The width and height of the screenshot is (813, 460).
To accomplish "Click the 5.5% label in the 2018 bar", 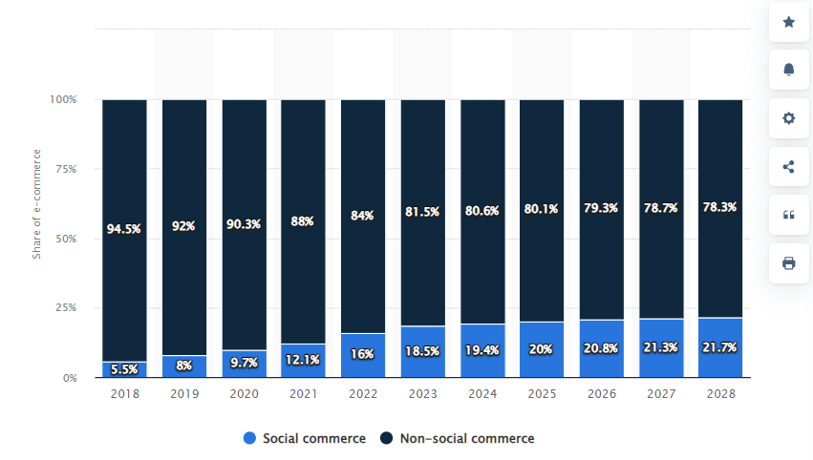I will (124, 368).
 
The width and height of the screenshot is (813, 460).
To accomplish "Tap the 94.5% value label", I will (124, 229).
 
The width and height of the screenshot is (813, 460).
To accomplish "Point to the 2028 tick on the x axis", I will (720, 392).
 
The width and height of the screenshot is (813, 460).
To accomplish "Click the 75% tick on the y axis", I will (64, 169).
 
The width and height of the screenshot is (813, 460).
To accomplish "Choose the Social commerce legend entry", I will (305, 438).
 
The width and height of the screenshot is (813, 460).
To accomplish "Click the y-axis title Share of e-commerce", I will (37, 203).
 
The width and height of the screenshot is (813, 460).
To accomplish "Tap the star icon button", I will (788, 22).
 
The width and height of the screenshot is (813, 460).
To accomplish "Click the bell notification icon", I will (788, 70).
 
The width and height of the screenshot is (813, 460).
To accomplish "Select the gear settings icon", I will (788, 118).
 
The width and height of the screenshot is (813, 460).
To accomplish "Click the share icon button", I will (788, 167).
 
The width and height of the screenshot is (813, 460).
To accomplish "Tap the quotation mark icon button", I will (788, 215).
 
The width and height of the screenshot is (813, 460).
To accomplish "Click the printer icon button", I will (788, 262).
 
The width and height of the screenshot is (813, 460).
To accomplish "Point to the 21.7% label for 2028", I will (720, 347).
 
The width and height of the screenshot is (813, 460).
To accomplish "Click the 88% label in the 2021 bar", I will (304, 220).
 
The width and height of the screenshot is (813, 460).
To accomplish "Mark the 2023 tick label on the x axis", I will (422, 392).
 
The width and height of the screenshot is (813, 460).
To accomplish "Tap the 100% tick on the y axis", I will (62, 99).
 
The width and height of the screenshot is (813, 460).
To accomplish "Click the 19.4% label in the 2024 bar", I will (482, 351).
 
